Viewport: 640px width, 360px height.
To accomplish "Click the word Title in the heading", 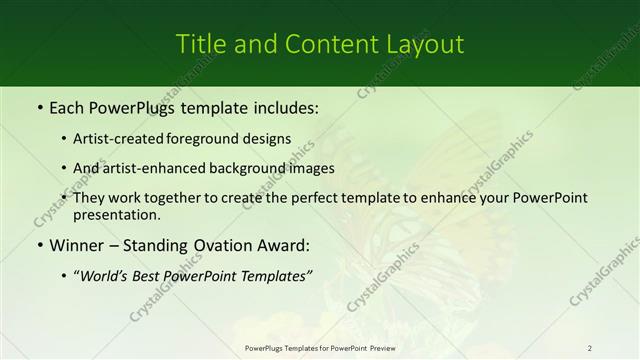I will pos(199,44).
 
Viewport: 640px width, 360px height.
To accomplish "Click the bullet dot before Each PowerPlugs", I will pos(38,106).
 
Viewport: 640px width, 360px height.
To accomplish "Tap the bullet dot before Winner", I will pos(38,245).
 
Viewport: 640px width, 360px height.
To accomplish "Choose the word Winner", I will pos(77,245).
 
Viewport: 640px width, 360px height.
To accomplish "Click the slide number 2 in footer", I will pos(589,348).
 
